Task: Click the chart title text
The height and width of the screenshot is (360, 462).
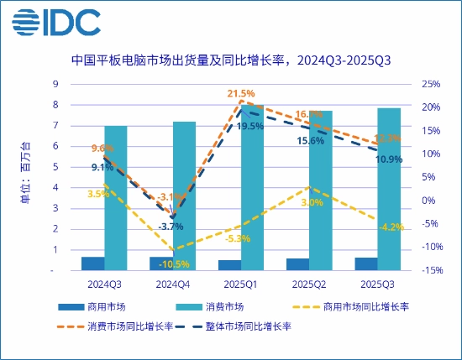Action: point(231,60)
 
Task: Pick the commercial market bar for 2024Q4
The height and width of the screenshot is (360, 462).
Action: point(161,263)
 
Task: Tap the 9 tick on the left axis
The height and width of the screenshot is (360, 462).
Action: point(55,84)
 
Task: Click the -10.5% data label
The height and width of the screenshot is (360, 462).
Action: point(173,263)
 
